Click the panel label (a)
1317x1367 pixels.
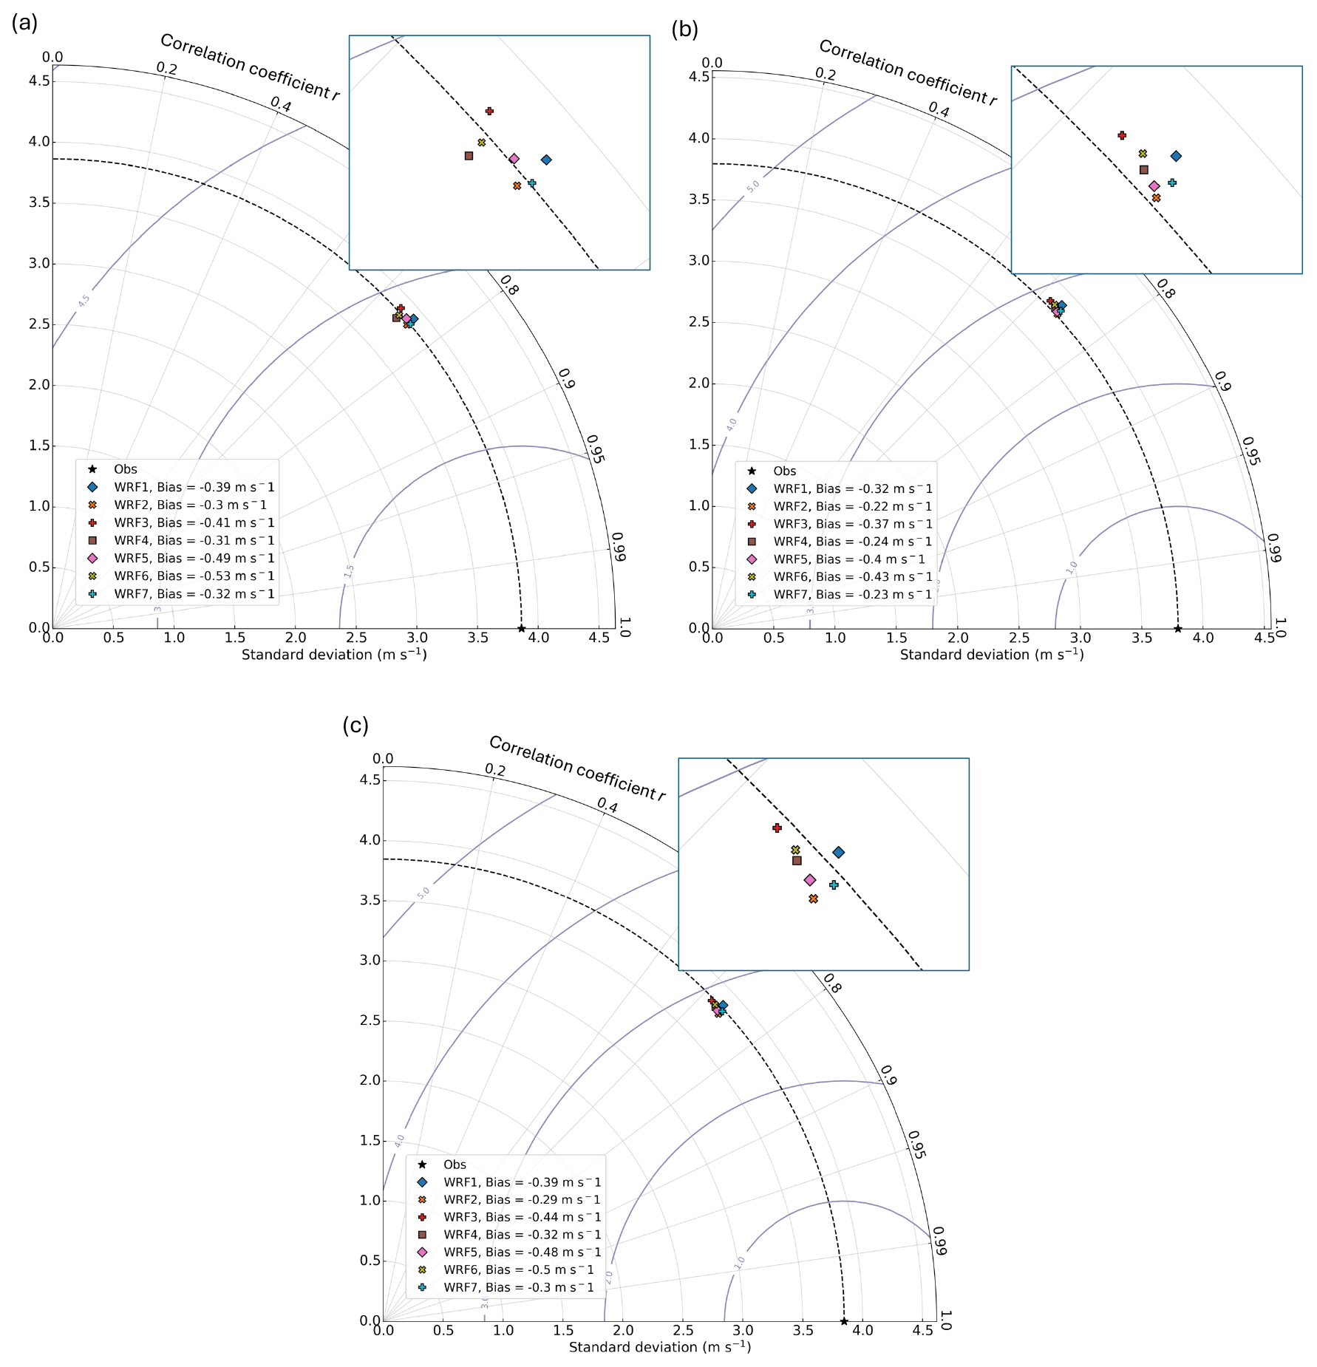[x=24, y=24]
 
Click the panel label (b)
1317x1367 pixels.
[x=684, y=29]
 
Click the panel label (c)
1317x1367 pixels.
[x=355, y=725]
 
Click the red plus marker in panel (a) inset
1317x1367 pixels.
[x=489, y=111]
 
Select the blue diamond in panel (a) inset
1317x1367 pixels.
[x=546, y=160]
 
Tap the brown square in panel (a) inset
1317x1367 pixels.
[x=469, y=156]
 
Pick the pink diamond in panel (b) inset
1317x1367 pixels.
[x=1154, y=186]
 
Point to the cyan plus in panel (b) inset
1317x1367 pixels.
[x=1171, y=183]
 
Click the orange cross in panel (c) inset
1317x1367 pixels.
[x=813, y=899]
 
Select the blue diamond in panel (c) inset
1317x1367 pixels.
[x=838, y=852]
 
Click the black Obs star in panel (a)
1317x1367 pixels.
[x=521, y=629]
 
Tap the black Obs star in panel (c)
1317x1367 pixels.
[x=844, y=1321]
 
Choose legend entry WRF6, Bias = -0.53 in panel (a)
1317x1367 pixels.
[x=194, y=576]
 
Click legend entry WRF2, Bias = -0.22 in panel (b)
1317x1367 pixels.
[x=852, y=507]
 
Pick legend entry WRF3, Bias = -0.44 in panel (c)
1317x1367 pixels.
[x=522, y=1217]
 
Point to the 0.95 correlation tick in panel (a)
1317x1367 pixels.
[x=595, y=449]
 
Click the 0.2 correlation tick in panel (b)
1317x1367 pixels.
[x=826, y=75]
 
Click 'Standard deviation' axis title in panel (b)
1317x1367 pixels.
[x=991, y=655]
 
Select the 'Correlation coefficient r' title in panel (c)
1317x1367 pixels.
[x=577, y=768]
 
